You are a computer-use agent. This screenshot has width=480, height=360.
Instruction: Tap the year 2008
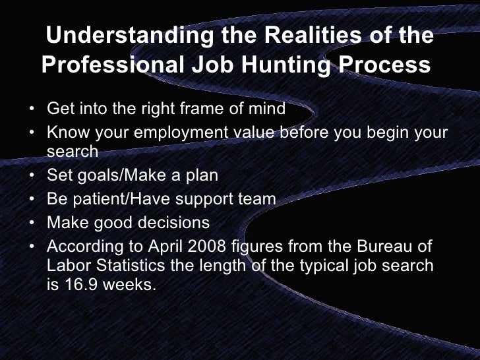tap(205, 247)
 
